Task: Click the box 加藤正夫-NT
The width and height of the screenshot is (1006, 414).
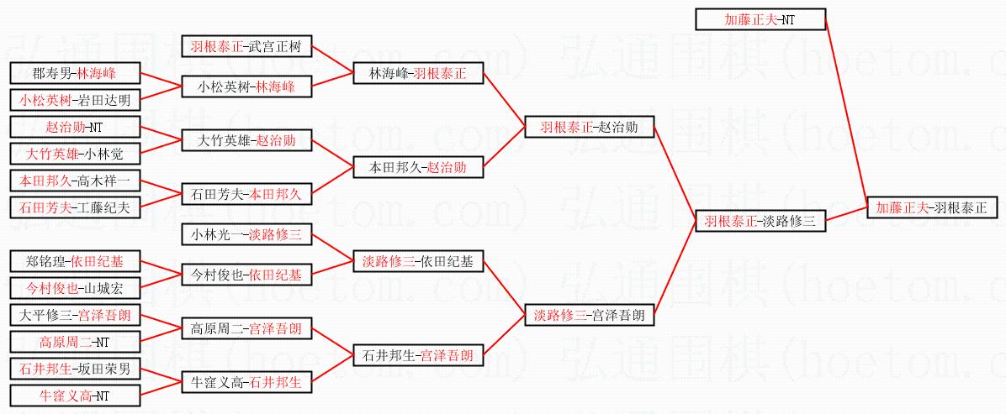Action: pos(760,19)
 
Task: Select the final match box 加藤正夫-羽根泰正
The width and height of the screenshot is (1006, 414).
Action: pos(931,207)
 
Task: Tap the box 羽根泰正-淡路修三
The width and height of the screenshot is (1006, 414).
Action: pos(760,223)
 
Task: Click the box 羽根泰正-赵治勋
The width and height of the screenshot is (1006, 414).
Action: pos(589,128)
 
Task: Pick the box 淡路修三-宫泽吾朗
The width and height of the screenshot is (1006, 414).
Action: pos(589,316)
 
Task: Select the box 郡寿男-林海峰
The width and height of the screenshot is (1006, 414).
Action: pos(75,74)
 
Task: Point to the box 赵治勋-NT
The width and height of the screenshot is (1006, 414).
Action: pos(75,128)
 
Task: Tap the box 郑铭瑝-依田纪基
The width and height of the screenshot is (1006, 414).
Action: pos(75,261)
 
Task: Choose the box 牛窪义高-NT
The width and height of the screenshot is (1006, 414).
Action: pos(75,396)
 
